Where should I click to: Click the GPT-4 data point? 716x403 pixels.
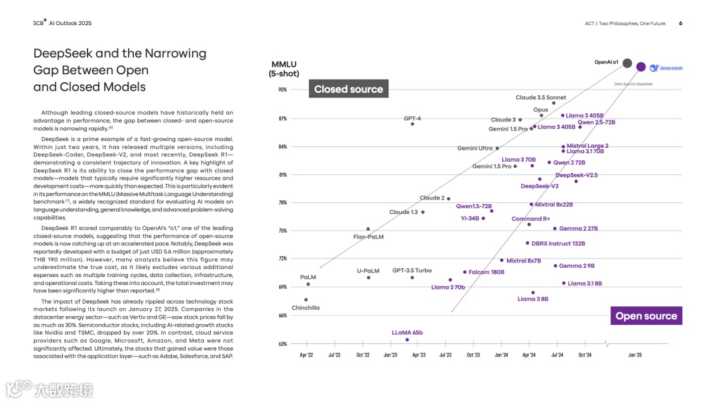(412, 124)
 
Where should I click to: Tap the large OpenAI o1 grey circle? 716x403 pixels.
(627, 63)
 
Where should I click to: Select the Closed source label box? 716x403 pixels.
(349, 89)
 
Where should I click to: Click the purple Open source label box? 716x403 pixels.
(646, 316)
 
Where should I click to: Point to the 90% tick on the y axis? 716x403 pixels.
(282, 90)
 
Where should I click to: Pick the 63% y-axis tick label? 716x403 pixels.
(282, 344)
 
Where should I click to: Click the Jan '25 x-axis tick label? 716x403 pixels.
(635, 355)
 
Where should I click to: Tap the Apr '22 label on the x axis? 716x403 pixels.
(306, 355)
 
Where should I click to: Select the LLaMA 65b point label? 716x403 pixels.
(407, 333)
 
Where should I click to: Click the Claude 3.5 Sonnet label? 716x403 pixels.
(541, 97)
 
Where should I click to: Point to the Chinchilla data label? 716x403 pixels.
(306, 308)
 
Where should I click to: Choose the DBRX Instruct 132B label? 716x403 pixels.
(558, 243)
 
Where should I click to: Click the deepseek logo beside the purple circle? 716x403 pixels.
(666, 68)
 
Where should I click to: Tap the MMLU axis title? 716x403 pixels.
(284, 64)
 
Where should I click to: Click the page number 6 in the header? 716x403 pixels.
(680, 23)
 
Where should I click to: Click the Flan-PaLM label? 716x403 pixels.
(369, 237)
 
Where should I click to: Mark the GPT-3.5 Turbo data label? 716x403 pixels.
(412, 270)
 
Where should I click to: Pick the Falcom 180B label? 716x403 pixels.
(486, 272)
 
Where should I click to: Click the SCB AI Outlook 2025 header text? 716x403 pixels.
(62, 23)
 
